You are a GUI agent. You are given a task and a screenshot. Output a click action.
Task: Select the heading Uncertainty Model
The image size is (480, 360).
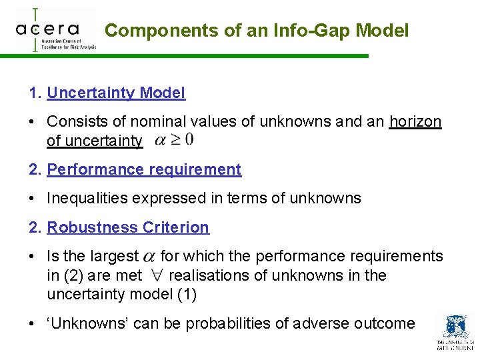coord(116,93)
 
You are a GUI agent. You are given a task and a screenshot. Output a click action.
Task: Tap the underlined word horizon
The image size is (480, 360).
coord(415,122)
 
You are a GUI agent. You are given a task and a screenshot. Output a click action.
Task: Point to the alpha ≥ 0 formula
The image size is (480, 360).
coord(174,140)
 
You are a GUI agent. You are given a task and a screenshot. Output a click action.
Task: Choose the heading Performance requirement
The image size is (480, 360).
coord(144,169)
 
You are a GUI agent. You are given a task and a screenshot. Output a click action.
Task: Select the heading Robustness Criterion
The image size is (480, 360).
coord(128,227)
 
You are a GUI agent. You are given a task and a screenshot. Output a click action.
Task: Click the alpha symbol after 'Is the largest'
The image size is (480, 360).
coord(150,257)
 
